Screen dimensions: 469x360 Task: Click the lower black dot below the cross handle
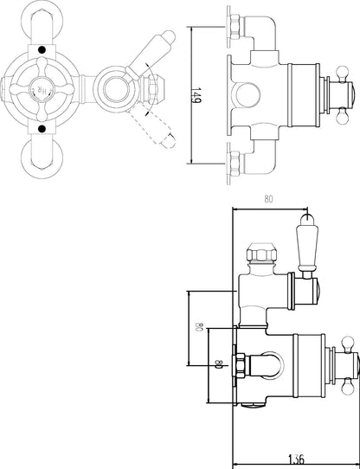coord(43,129)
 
